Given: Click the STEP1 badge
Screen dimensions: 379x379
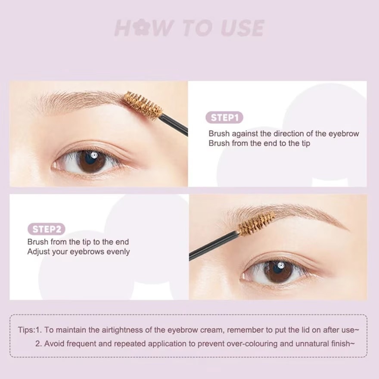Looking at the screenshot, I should coord(224,118).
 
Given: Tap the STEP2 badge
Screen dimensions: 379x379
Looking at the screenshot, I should coord(46,229).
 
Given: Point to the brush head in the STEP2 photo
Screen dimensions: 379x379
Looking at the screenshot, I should coord(257,224).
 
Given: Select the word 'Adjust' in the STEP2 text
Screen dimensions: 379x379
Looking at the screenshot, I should coord(38,252).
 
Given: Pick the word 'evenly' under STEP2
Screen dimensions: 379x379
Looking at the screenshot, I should coord(118,252).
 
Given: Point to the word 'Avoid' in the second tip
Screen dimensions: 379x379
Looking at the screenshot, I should coord(54,344).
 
